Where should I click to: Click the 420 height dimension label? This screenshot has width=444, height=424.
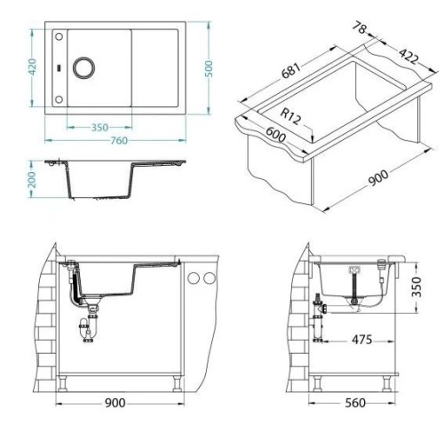click(32, 67)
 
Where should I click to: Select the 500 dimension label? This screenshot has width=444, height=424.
click(209, 69)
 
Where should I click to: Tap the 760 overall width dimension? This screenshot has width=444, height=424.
click(119, 140)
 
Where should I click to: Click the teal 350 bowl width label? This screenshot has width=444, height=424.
click(99, 128)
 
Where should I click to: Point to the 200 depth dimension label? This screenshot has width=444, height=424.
click(31, 179)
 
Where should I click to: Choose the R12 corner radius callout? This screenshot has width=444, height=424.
click(290, 115)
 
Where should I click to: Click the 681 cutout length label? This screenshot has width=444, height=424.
click(290, 71)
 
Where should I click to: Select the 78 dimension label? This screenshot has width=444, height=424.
click(360, 27)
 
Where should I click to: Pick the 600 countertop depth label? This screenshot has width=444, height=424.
click(276, 135)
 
